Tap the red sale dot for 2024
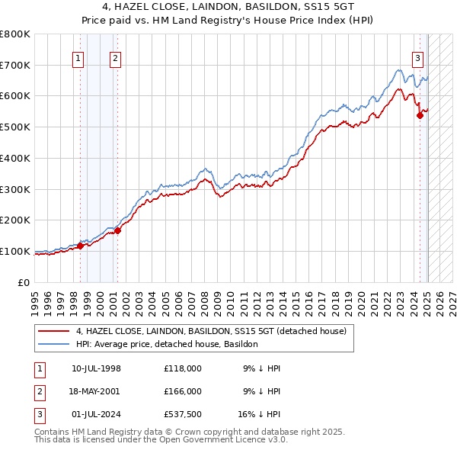[x=420, y=116]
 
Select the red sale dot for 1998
[x=80, y=246]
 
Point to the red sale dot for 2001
[x=117, y=231]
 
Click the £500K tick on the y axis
[x=14, y=127]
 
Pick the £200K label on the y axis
[x=14, y=220]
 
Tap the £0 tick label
[x=25, y=282]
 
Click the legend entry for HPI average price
[x=167, y=344]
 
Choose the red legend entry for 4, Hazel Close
[x=211, y=331]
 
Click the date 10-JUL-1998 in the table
[x=96, y=368]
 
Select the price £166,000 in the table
[x=183, y=391]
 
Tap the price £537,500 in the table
[x=183, y=416]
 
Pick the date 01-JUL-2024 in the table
[x=96, y=416]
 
